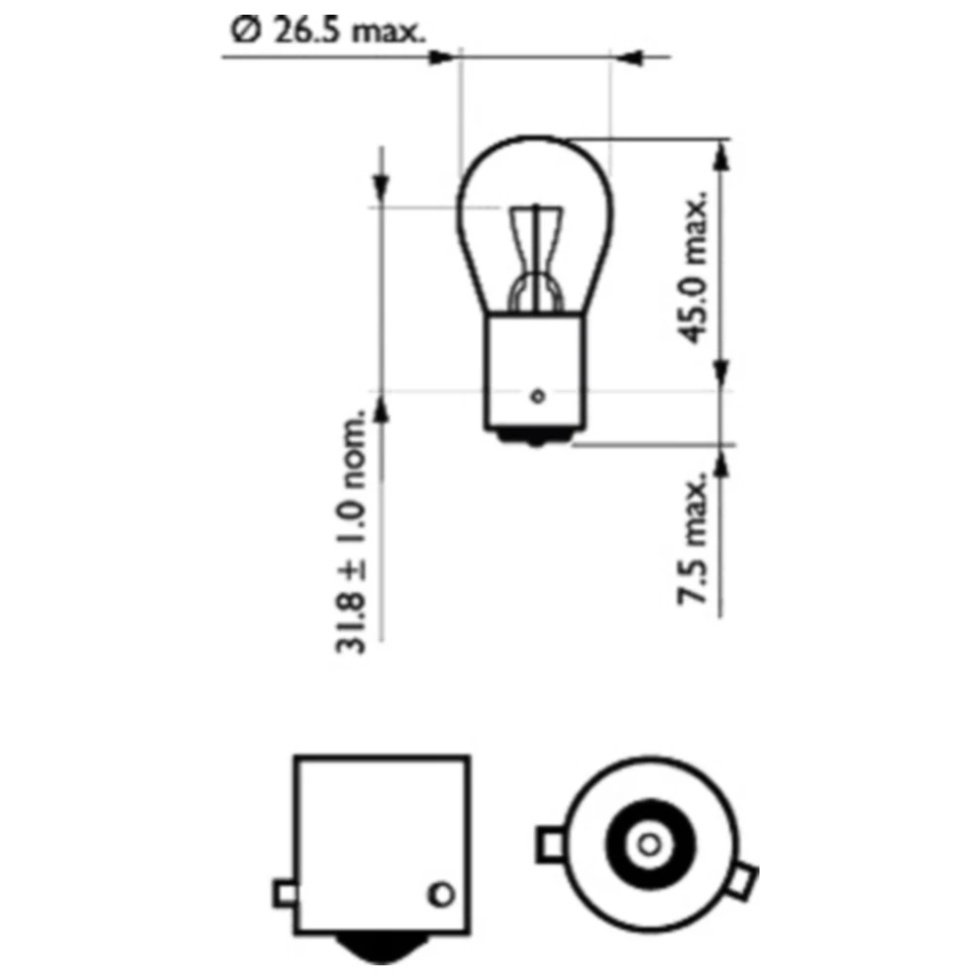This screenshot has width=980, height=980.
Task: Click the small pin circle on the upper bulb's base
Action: pyautogui.click(x=536, y=396)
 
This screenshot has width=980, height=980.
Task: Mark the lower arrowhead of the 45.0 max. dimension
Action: pyautogui.click(x=721, y=372)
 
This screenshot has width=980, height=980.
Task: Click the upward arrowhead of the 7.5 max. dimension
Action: pyautogui.click(x=721, y=464)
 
